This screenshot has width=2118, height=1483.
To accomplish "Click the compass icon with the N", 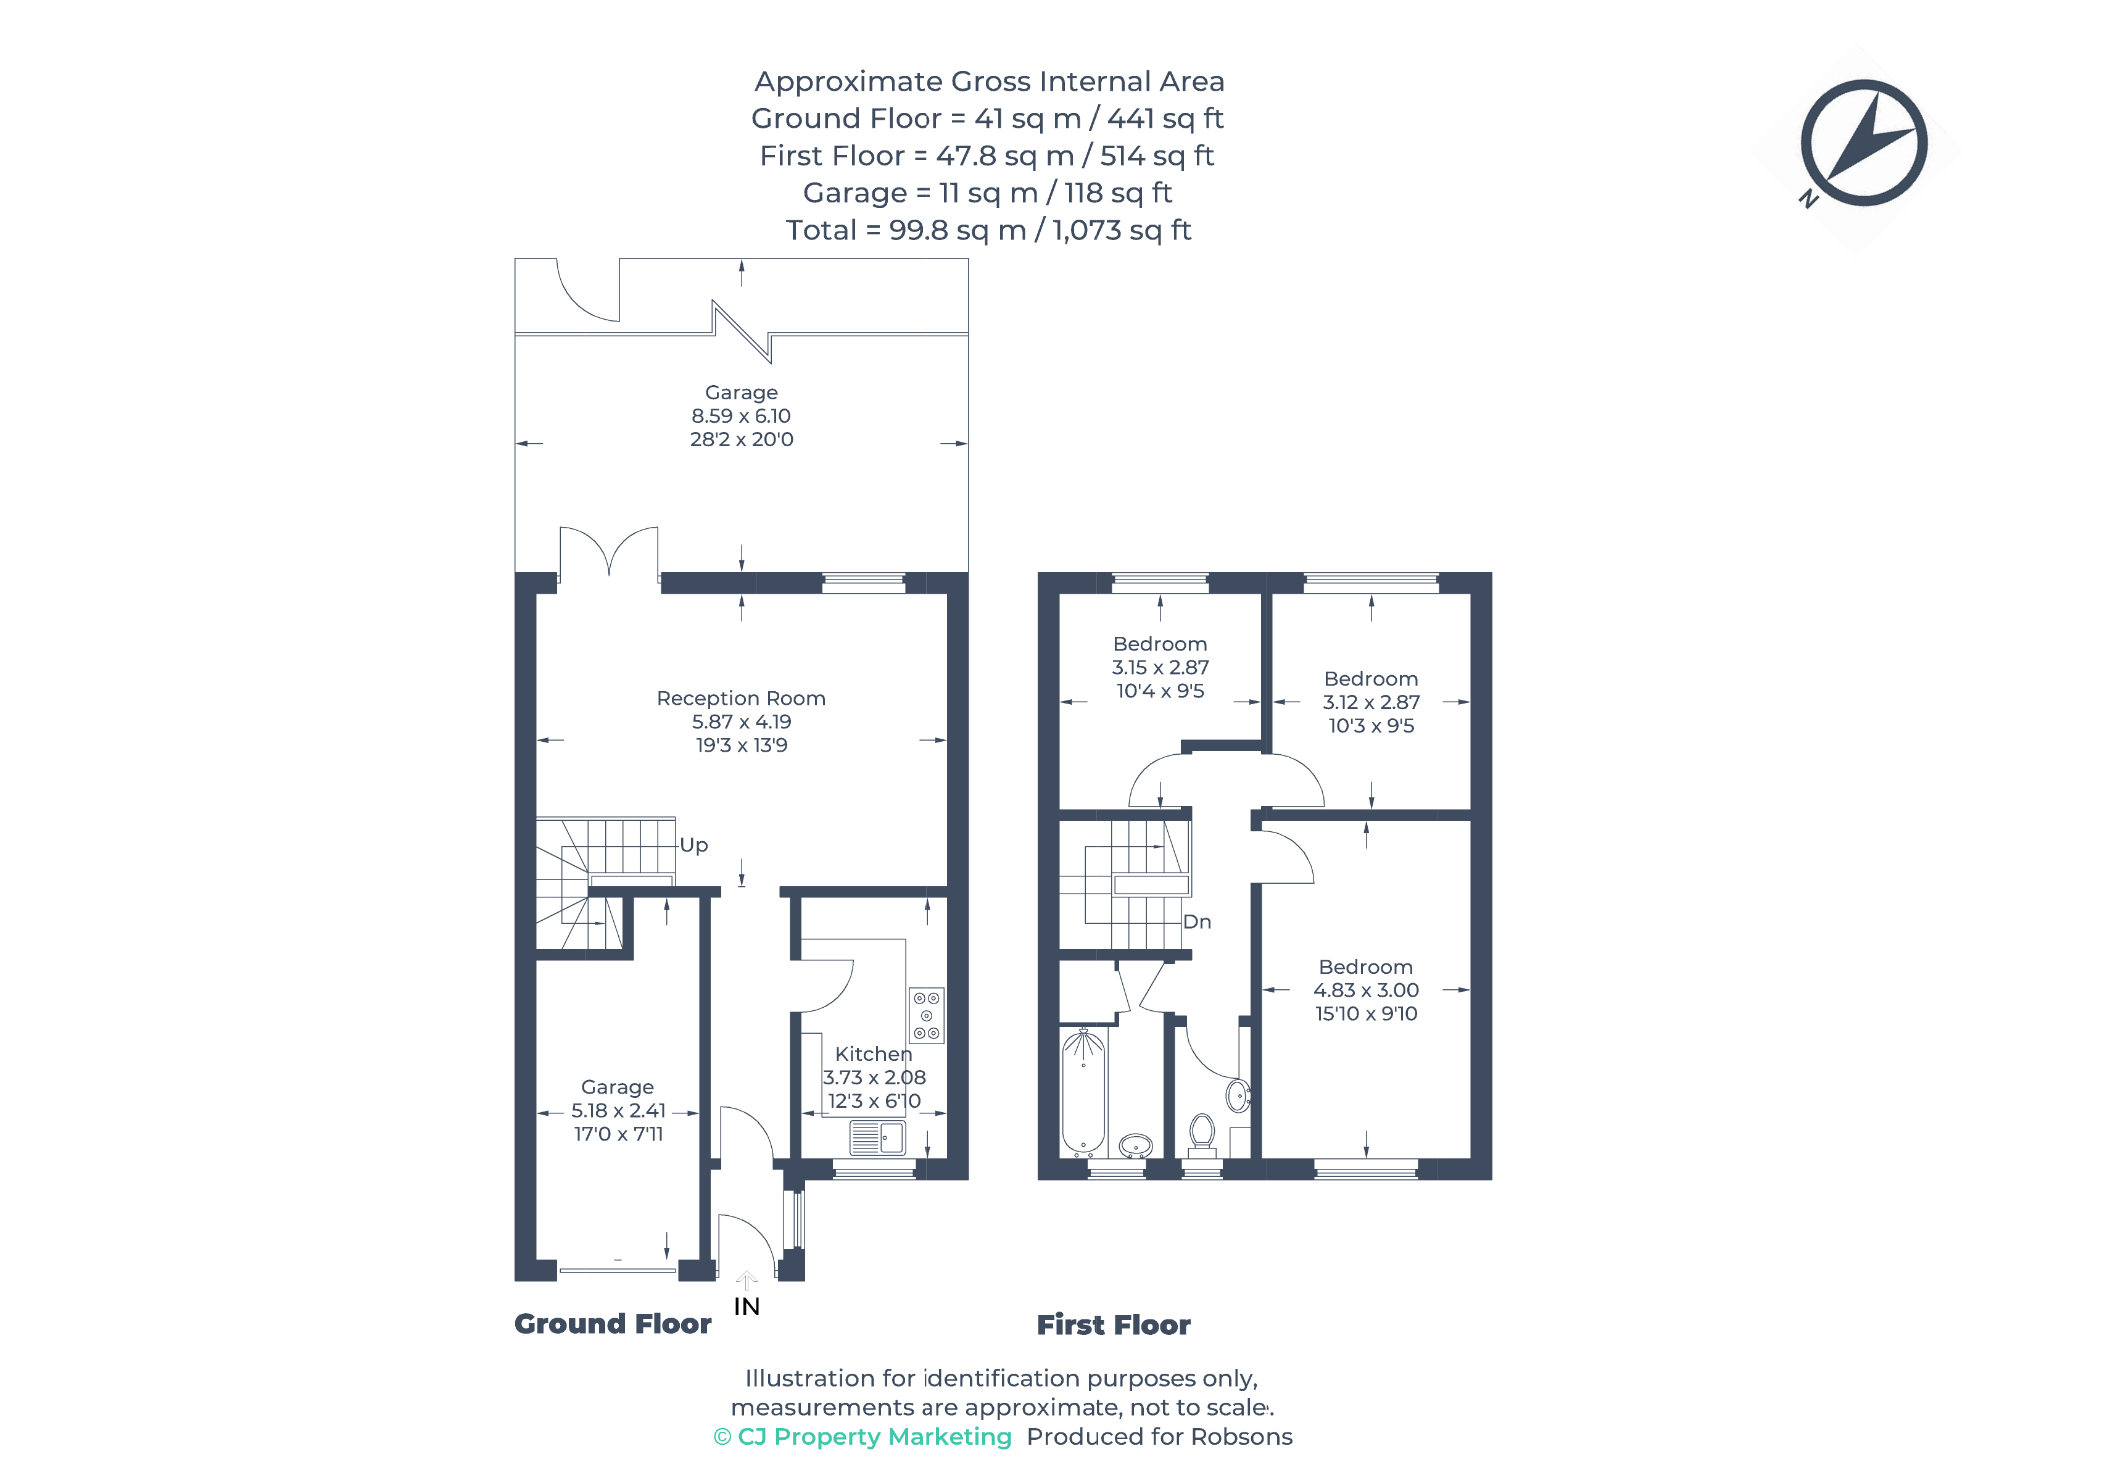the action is pos(1863,143).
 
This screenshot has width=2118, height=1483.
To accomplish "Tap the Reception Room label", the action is pos(741,699).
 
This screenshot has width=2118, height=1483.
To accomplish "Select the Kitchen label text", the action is pos(872,1054).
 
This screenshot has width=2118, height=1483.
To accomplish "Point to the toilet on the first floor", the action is pos(1202,1135).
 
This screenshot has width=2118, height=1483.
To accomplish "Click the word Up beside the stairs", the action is pos(693,845).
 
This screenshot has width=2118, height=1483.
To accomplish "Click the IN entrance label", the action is pos(747,1306).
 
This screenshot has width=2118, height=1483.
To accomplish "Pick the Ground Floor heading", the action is pos(613,1324).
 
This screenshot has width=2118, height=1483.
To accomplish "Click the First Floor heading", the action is pos(1114,1325).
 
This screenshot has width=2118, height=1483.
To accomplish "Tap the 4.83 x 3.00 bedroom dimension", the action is pos(1366,990).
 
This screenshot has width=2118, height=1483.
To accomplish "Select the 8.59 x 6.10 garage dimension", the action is pos(741,416).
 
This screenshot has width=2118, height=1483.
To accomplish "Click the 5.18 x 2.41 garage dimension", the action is pos(618,1110).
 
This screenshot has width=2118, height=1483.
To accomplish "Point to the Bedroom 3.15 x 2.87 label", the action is pos(1159,667).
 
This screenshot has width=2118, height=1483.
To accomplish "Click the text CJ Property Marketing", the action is pos(874,1437).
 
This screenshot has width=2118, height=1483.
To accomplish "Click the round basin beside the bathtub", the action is pos(1136,1146).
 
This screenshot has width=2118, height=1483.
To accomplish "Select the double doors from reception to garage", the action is pos(609,552).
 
